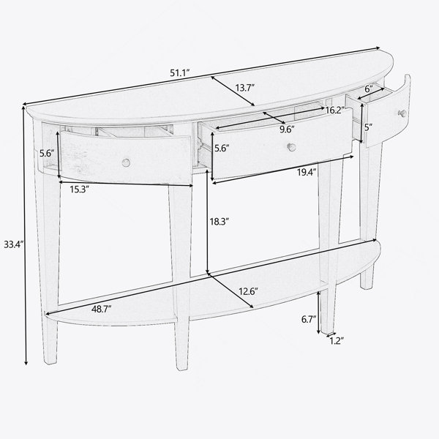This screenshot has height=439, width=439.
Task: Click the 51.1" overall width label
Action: (x=180, y=72)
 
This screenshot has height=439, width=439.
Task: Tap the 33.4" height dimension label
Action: (x=13, y=244)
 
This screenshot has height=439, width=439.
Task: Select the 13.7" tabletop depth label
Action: (x=244, y=88)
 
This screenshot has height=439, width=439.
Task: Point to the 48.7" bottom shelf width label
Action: (x=102, y=309)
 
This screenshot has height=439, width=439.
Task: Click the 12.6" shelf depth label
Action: (x=248, y=291)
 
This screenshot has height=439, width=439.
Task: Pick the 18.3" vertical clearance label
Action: (x=219, y=222)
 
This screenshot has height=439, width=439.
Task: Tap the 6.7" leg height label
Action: (x=309, y=319)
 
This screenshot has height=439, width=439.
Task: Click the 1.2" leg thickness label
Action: (x=337, y=341)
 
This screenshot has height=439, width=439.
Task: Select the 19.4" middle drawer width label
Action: (x=307, y=172)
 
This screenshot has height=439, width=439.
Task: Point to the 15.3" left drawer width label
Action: (x=80, y=190)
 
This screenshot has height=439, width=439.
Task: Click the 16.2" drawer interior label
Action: (x=334, y=110)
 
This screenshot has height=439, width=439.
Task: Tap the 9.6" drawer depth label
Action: (x=288, y=130)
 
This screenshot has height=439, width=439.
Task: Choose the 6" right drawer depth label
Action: (x=369, y=89)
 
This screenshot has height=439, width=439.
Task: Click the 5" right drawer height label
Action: (x=369, y=127)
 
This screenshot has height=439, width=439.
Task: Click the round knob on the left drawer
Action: (x=127, y=162)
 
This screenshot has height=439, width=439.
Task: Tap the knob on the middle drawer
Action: (x=292, y=147)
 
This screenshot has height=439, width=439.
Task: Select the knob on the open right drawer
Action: (x=402, y=113)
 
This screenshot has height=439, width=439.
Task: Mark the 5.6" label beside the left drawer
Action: (x=47, y=153)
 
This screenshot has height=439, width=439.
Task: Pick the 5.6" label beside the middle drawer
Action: (x=222, y=148)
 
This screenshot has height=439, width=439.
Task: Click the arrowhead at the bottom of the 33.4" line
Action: (x=26, y=363)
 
